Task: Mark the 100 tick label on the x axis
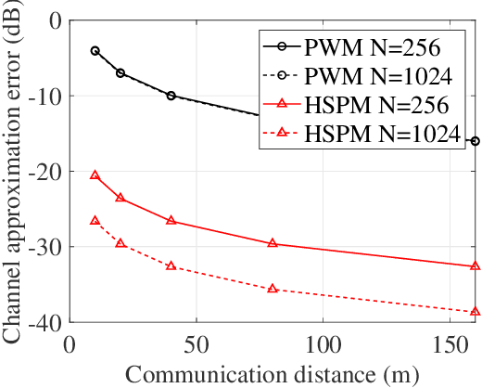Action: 322,343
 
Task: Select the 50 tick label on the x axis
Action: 196,343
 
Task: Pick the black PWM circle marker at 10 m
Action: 95,50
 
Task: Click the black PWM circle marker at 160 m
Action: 475,141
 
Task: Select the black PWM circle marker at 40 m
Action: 171,96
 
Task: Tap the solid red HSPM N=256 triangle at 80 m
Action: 272,243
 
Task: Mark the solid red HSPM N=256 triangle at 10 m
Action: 95,175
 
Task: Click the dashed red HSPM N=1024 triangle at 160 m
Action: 475,312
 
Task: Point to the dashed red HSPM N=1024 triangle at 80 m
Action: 272,289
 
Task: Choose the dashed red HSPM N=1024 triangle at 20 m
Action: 120,243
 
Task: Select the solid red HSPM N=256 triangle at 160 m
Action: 475,266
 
